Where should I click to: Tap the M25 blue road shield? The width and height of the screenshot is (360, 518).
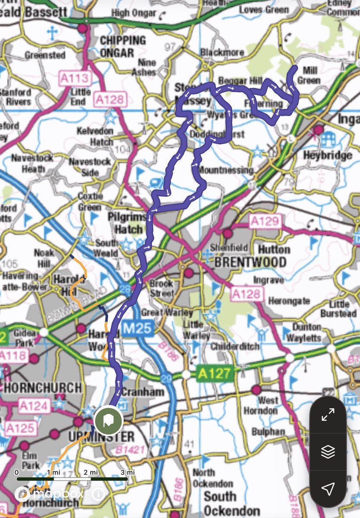(x=139, y=328)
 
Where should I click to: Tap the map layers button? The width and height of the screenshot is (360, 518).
(x=328, y=452)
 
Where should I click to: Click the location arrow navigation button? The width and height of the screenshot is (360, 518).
(x=328, y=488)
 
